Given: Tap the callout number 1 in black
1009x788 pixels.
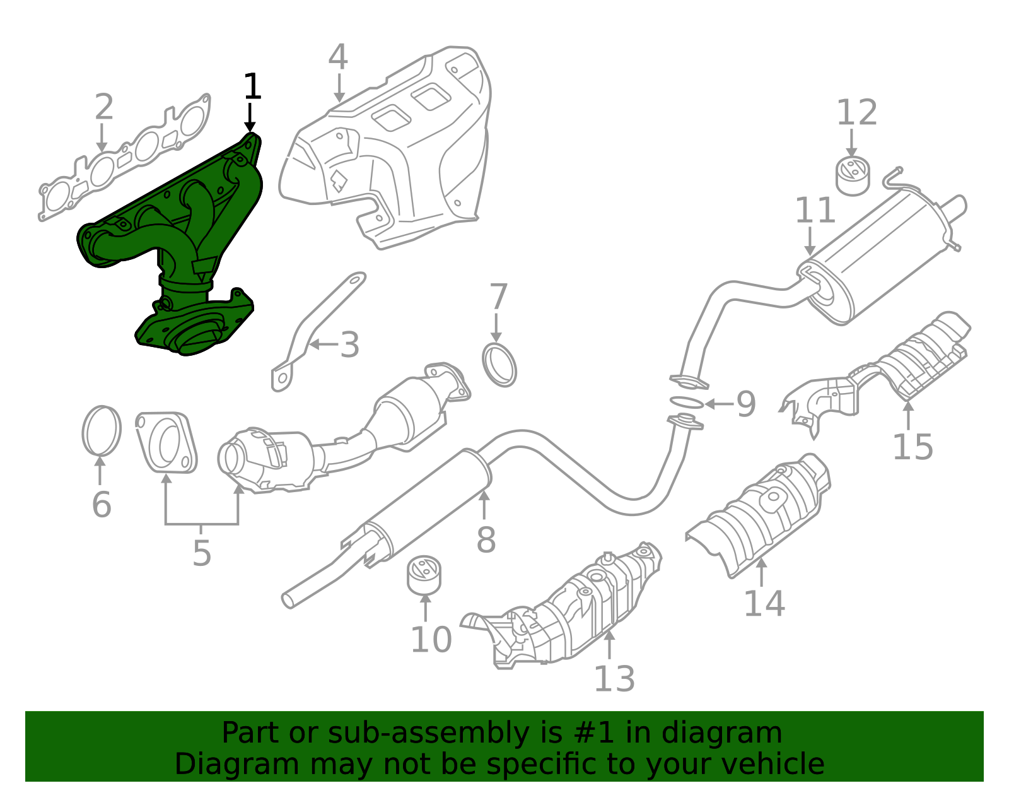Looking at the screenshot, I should (x=252, y=87).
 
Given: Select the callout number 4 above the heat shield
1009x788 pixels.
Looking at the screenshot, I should (x=338, y=57).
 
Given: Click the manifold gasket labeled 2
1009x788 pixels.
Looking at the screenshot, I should (x=126, y=158).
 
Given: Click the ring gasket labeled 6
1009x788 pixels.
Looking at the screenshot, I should (x=101, y=431).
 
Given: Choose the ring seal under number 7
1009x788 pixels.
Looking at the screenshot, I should (x=499, y=365).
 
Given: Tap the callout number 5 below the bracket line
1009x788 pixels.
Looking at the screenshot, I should (x=201, y=553).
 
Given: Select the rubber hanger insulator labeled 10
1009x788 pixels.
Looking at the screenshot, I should (x=424, y=575).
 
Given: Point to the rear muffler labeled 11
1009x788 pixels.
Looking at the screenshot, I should (x=883, y=259).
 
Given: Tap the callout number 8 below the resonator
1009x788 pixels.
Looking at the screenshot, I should (x=486, y=541).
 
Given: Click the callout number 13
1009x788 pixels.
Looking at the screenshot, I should (x=614, y=679).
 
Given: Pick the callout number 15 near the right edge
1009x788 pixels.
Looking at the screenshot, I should (x=912, y=447).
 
